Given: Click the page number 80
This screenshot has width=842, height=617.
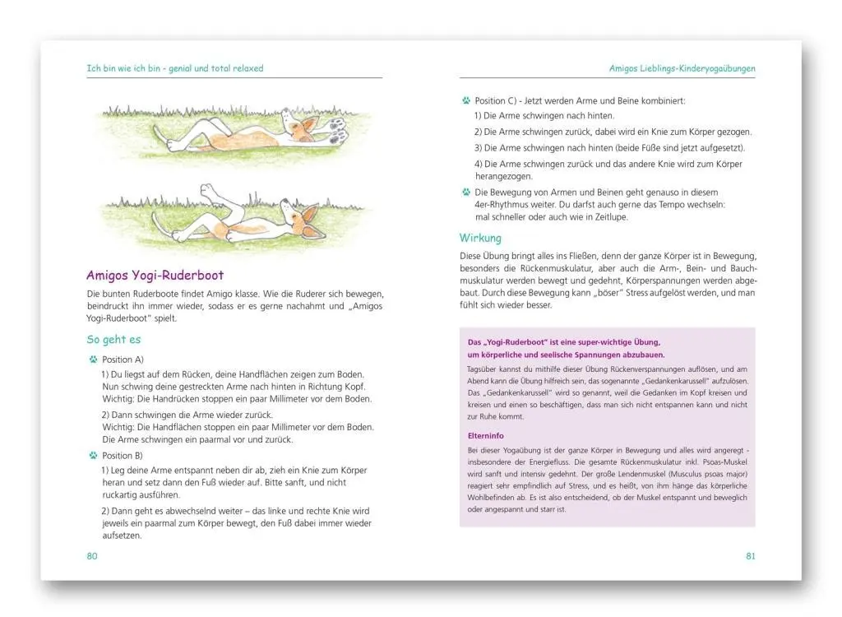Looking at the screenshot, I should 92,556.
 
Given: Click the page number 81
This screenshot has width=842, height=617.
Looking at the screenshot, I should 750,556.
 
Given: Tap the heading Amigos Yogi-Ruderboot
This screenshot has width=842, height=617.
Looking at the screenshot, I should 155,276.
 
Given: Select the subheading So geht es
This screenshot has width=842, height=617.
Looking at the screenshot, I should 113,339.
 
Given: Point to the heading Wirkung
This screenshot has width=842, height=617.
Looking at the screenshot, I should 480,239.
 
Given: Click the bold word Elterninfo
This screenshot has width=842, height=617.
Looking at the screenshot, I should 486,436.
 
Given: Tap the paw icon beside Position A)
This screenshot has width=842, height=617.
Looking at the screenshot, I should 93,360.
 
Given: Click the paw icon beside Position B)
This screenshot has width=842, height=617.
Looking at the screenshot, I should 93,455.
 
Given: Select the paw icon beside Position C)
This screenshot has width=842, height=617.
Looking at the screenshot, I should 466,100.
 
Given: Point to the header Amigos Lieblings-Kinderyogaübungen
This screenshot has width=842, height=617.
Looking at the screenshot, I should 682,68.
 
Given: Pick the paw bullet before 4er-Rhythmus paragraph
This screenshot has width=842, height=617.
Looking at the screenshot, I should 466,191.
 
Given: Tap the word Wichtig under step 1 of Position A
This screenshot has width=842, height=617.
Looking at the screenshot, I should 116,398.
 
